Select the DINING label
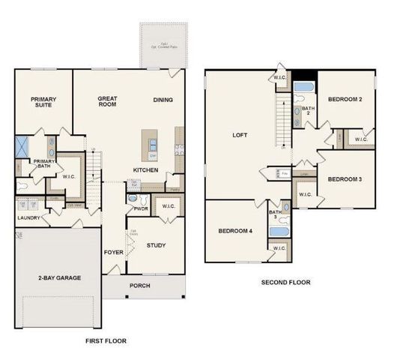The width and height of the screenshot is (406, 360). point(163,100)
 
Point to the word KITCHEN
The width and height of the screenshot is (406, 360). point(145,170)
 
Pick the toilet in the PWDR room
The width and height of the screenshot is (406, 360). point(133,199)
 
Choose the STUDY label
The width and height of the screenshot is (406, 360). point(156,244)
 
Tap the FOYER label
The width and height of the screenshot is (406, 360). point(113,252)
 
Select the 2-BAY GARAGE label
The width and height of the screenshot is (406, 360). point(59,277)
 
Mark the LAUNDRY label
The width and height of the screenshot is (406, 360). point(28,218)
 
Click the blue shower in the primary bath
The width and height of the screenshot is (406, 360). point(24,145)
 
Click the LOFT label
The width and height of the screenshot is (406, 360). point(240,136)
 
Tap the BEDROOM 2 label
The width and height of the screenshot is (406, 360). point(345,100)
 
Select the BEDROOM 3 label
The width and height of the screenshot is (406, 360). point(345,178)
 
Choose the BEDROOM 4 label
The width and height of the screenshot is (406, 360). point(236,231)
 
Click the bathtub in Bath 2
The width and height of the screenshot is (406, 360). point(303,87)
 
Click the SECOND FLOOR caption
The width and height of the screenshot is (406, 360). point(285,283)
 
